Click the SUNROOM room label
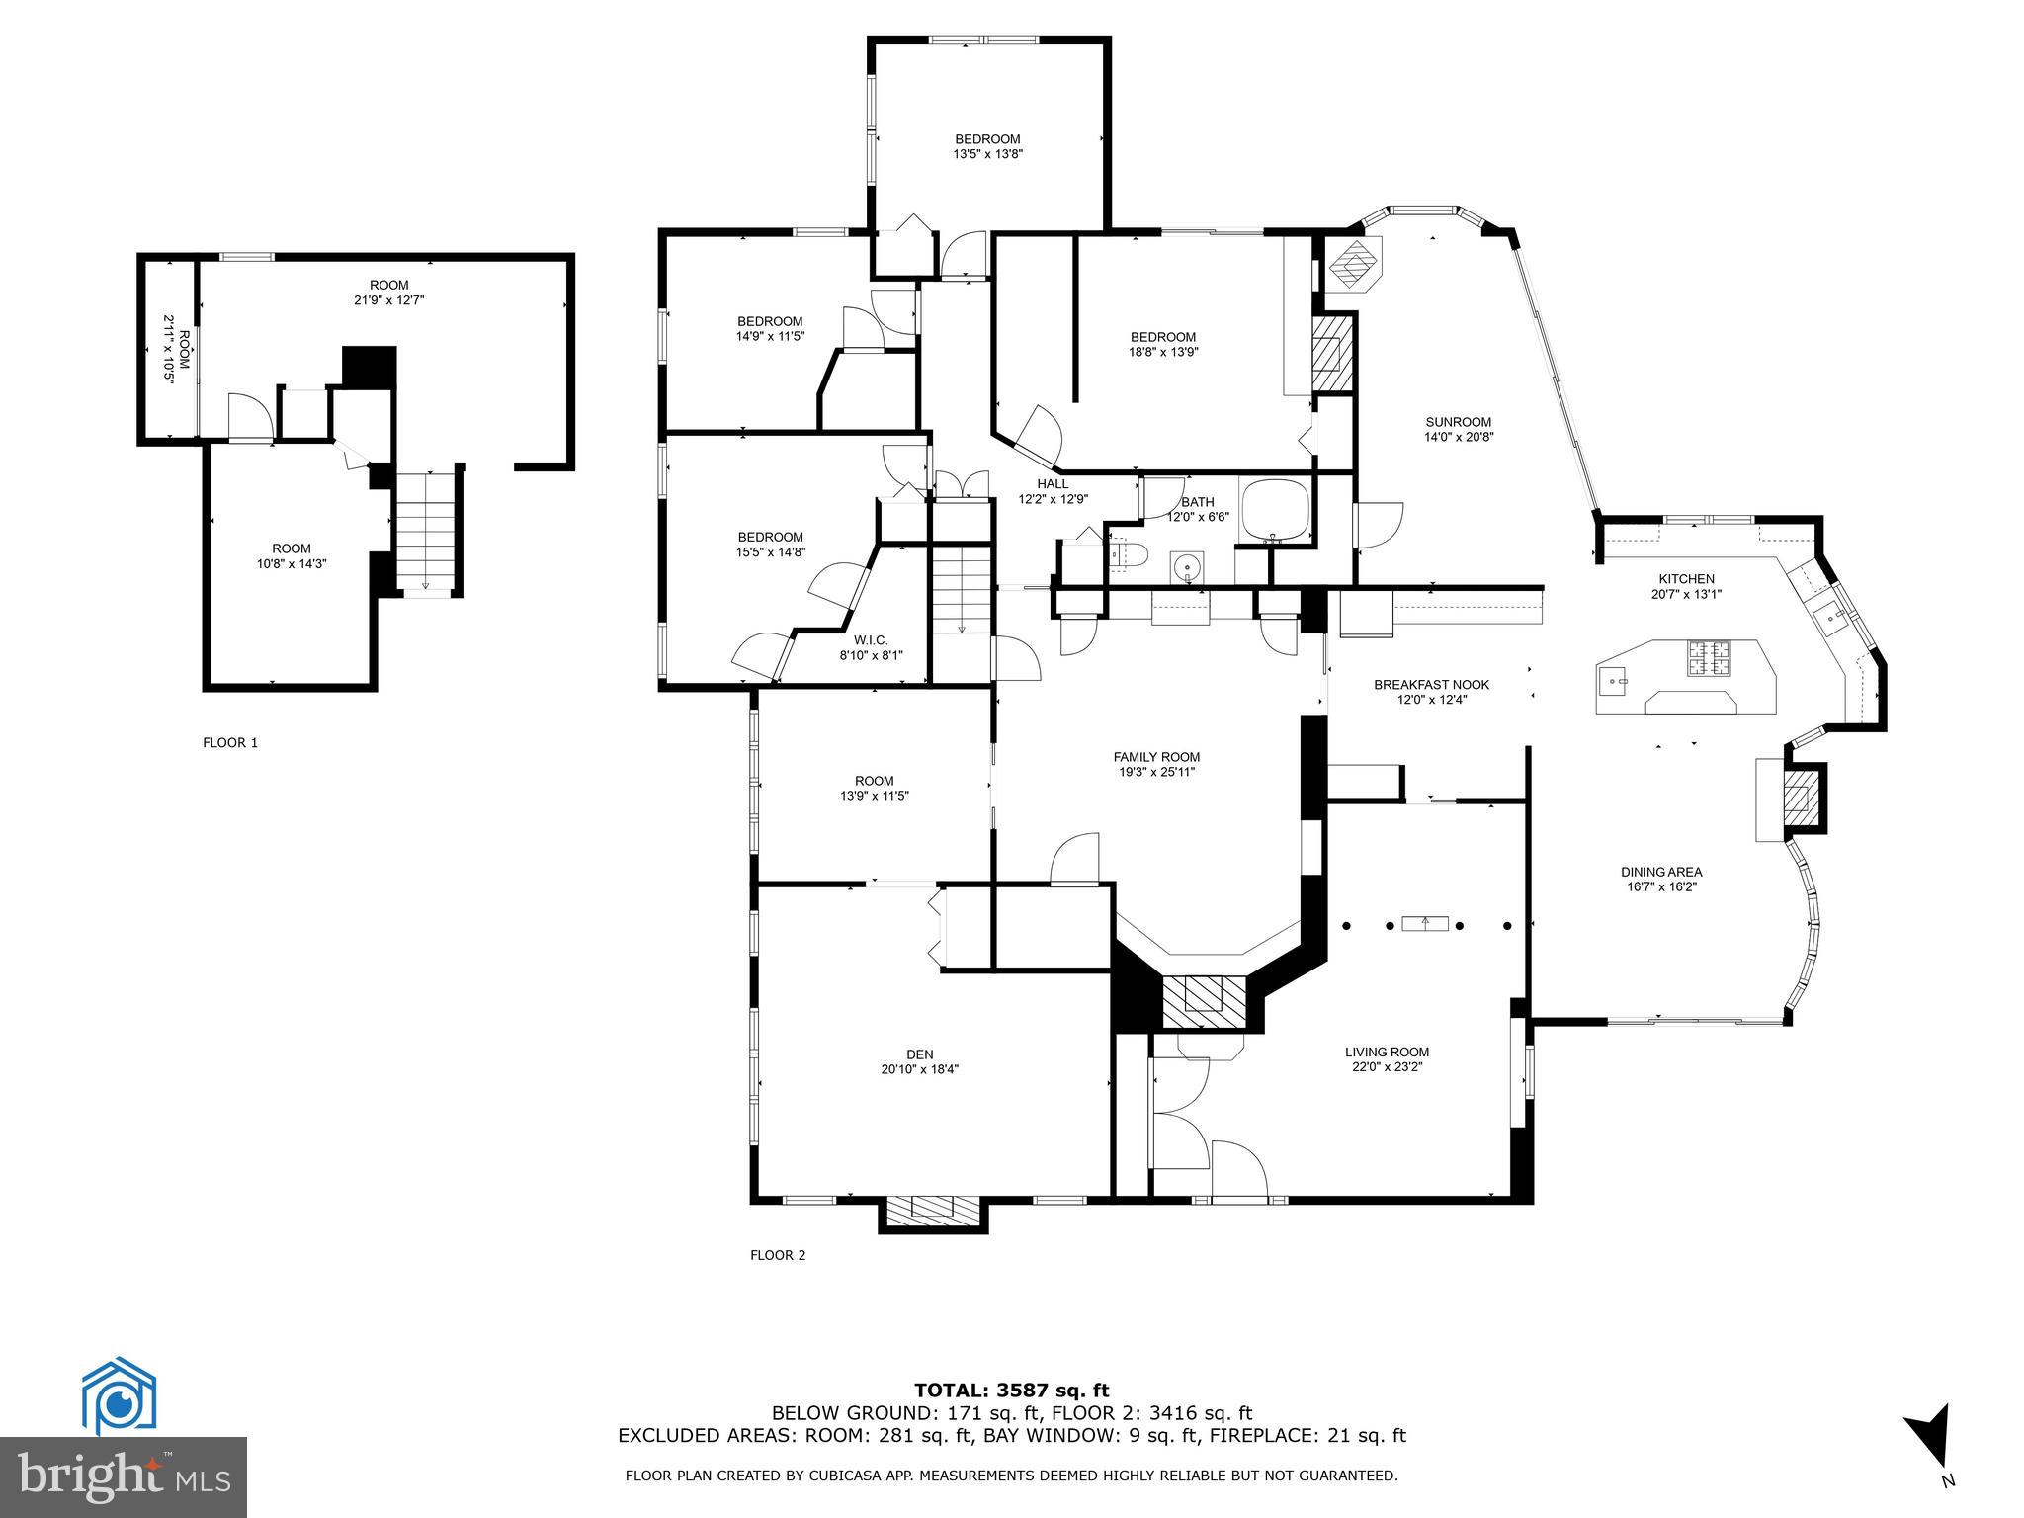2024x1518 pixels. coord(1458,422)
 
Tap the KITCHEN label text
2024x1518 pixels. coord(1686,579)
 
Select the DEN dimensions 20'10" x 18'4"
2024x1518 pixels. coord(919,1069)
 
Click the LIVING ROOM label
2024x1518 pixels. coord(1387,1052)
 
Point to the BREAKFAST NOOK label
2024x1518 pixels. coord(1431,685)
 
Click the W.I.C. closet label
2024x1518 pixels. coord(871,639)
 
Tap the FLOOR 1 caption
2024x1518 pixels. coord(230,743)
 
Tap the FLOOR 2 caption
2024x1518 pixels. coord(778,1255)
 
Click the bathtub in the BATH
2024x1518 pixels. coord(1275,512)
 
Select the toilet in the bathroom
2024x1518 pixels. coord(1126,555)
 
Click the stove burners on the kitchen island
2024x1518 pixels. coord(1709,658)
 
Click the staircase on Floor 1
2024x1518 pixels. coord(426,534)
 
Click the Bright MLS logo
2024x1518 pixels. coord(124,1477)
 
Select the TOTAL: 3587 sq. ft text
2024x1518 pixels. coord(1011,1391)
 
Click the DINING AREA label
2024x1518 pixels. coord(1660,872)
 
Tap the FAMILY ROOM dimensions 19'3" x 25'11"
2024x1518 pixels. coord(1156,772)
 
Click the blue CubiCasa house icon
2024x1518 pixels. coord(118,1395)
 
